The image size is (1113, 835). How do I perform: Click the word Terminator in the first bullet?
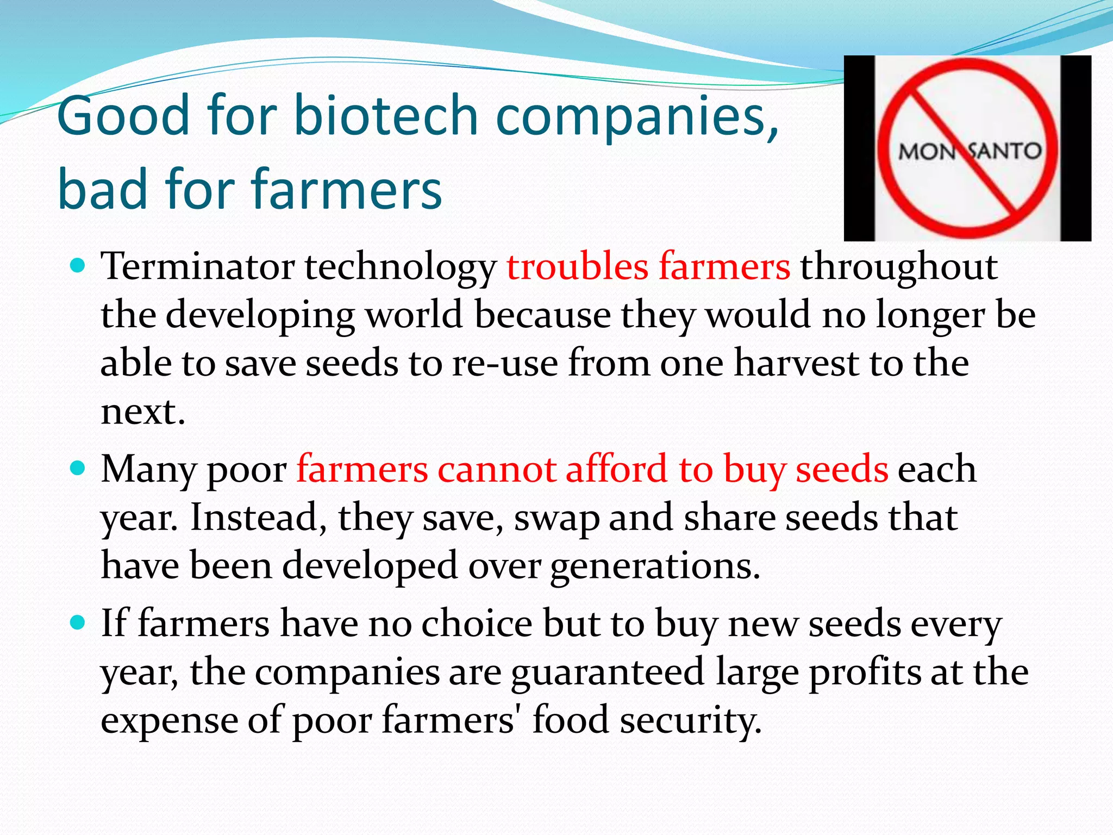198,267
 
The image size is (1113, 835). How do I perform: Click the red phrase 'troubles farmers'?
648,267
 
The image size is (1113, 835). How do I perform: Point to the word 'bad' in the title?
103,189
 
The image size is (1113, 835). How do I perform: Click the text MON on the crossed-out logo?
926,152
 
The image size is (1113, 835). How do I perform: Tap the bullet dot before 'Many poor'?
78,468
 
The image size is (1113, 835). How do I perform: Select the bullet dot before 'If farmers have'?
78,622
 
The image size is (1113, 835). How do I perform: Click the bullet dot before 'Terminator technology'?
78,266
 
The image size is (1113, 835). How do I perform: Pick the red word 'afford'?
616,469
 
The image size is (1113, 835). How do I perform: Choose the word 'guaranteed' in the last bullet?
608,672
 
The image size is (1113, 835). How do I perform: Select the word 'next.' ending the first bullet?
143,412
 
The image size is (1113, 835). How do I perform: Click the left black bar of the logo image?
859,148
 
